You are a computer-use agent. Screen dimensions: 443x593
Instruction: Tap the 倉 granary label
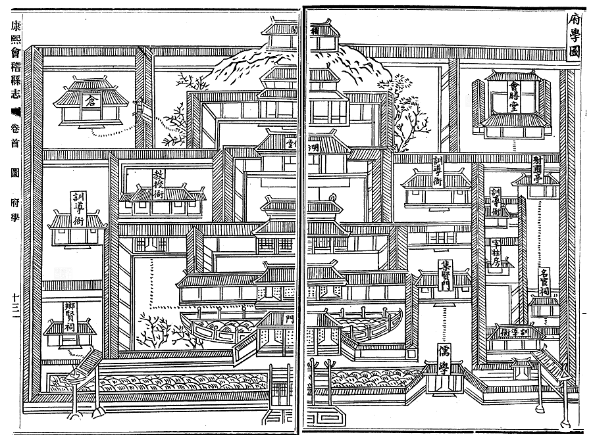89,99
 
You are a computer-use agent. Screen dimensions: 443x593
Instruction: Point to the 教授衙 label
160,179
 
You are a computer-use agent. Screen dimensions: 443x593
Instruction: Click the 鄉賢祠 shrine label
69,316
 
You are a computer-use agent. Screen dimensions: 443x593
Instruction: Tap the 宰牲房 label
498,253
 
